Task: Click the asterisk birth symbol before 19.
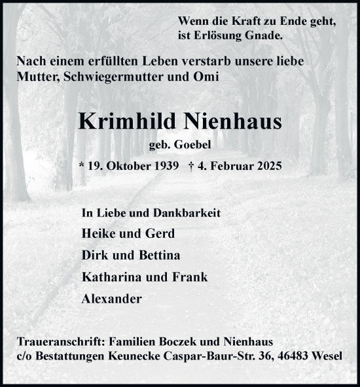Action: pos(81,166)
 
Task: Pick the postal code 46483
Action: pos(305,356)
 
